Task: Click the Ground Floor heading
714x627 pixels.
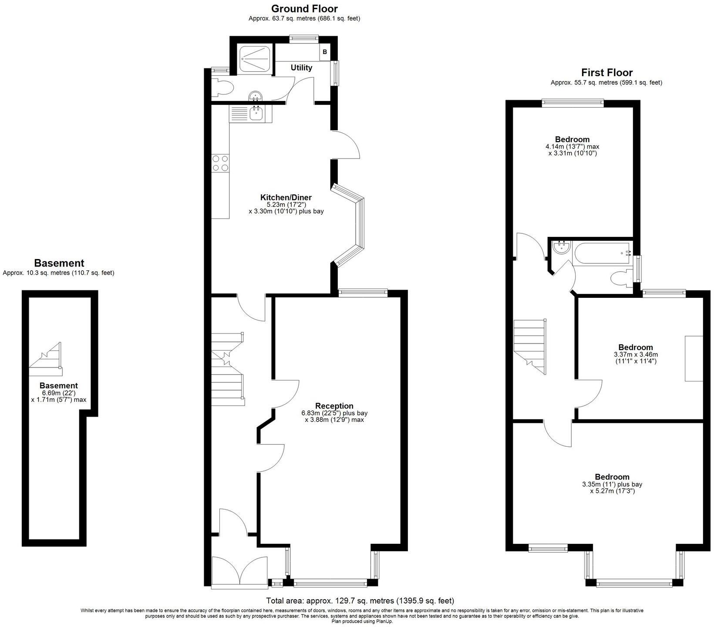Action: click(x=304, y=9)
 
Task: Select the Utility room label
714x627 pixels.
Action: click(x=301, y=67)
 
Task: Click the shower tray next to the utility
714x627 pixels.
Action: click(x=256, y=58)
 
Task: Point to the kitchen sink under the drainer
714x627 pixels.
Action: click(x=256, y=114)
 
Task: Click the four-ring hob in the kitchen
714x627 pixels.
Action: click(x=220, y=163)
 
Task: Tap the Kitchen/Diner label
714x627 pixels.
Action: click(x=286, y=197)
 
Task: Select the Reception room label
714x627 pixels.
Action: click(x=334, y=406)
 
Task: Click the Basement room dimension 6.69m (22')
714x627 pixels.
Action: click(x=59, y=393)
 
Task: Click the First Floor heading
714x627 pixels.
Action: click(x=606, y=72)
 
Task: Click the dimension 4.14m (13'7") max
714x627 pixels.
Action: click(x=572, y=147)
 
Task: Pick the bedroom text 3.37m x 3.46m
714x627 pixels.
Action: click(x=636, y=354)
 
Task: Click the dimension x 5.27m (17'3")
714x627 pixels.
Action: click(x=612, y=491)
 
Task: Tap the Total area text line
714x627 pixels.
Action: click(x=360, y=601)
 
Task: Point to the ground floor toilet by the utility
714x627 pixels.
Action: click(x=223, y=88)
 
